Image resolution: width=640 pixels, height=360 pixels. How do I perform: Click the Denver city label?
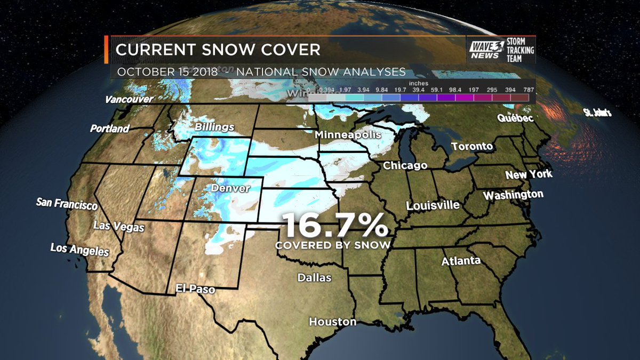230,188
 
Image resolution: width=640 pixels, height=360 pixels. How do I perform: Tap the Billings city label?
214,127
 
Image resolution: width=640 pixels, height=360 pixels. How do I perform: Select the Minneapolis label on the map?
348,134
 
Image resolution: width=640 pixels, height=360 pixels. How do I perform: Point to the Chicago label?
405,165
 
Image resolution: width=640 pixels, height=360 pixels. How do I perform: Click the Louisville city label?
433,205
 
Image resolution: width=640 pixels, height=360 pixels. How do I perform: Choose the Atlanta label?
461,261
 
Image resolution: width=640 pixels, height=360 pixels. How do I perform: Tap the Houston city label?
333,322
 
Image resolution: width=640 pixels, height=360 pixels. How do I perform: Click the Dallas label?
315,278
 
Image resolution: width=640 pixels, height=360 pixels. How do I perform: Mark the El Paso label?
195,290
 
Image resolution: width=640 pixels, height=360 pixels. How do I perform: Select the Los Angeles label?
79,249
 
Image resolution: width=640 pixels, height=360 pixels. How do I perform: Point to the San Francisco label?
67,204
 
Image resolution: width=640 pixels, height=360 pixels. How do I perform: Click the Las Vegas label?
118,226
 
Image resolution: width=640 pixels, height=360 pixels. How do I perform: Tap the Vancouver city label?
129,99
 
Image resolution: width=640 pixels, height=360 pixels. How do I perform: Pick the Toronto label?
472,146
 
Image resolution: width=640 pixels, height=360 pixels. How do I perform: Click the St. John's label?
597,113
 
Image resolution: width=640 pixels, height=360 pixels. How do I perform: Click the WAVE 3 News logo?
484,49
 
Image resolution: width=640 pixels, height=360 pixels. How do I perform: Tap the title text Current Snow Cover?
218,50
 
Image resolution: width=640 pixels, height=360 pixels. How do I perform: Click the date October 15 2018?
167,71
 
